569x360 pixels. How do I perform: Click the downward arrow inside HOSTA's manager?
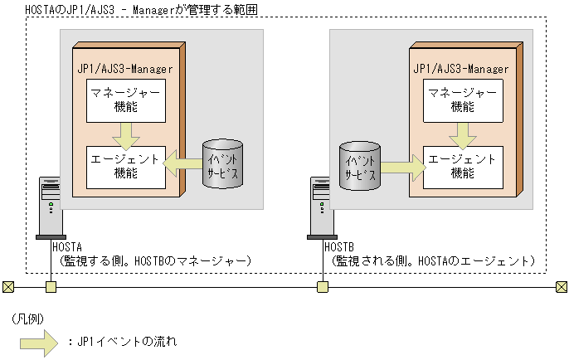coord(126,131)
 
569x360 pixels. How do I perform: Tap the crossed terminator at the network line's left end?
coord(8,287)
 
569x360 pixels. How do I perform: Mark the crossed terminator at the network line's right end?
coord(561,287)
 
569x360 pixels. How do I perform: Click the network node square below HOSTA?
coord(50,287)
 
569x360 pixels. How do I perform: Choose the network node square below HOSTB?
coord(322,287)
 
